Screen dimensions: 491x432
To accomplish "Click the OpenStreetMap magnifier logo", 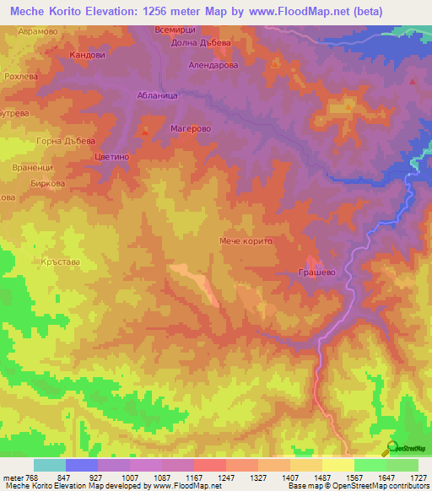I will point(390,448).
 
